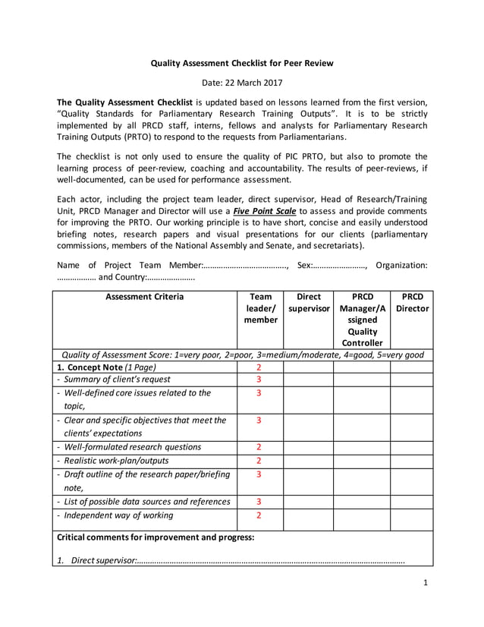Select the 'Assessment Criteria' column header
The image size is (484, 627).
(x=144, y=297)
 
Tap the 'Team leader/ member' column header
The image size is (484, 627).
(x=259, y=308)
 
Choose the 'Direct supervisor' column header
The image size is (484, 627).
(x=309, y=303)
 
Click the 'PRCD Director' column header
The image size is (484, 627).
(x=414, y=303)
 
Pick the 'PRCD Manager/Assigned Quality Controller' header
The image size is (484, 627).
(x=363, y=320)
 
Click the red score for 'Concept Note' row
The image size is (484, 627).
(x=259, y=367)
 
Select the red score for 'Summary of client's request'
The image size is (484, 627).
(x=259, y=380)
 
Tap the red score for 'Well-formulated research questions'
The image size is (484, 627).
(x=259, y=447)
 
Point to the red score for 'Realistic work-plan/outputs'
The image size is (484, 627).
(x=259, y=461)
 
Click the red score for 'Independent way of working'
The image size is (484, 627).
(x=259, y=515)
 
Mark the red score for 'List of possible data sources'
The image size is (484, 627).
(x=259, y=502)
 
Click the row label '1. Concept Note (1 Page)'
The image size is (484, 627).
(x=107, y=367)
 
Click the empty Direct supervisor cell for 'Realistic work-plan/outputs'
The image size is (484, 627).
(x=309, y=461)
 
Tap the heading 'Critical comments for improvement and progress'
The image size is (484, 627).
(x=156, y=537)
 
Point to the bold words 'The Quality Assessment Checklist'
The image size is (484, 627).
(x=125, y=102)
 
